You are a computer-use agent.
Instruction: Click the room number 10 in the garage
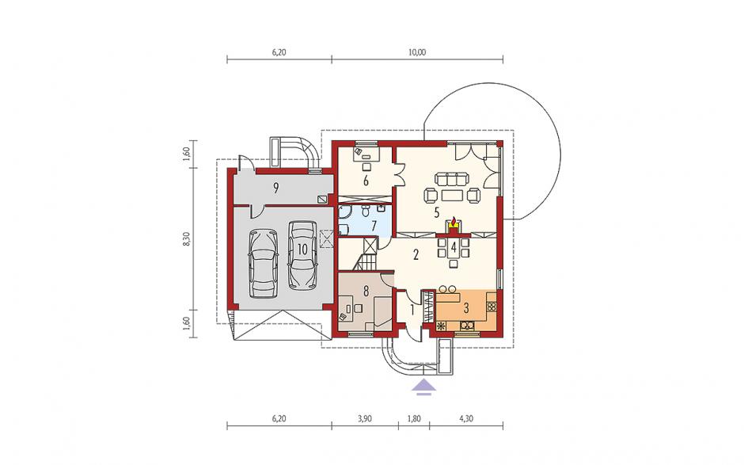coord(302,249)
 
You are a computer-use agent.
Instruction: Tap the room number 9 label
coord(275,189)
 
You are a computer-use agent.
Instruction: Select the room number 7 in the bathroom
coord(374,226)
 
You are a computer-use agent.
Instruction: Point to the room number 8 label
coord(366,292)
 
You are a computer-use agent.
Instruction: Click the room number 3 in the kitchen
coord(466,308)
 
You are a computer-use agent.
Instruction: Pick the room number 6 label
coord(366,181)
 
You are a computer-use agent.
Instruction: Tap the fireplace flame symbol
coord(454,222)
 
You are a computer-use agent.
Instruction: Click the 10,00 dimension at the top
coord(416,53)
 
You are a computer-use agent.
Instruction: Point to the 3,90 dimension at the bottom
coord(365,418)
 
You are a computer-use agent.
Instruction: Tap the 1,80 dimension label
coord(414,418)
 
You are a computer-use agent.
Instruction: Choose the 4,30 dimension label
coord(466,418)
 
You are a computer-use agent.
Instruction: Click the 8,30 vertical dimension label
coord(187,239)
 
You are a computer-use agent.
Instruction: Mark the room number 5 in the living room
coord(437,212)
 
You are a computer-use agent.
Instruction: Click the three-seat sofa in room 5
coord(452,179)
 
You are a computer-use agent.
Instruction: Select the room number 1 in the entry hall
coord(412,311)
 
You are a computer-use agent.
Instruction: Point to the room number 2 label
coord(416,255)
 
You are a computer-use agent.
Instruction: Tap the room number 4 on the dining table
coord(454,247)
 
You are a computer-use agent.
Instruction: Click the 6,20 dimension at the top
coord(279,53)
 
